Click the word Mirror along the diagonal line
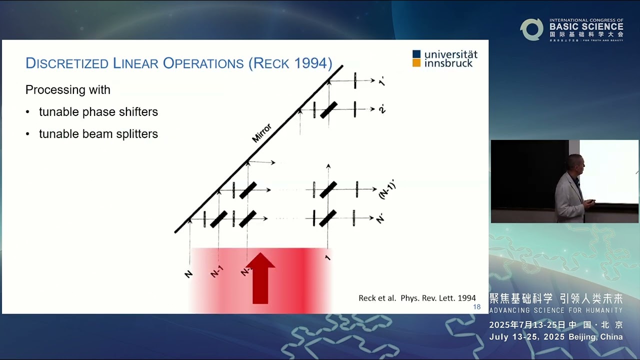click(x=261, y=133)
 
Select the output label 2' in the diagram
click(x=382, y=109)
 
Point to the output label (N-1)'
click(x=386, y=189)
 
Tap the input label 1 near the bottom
click(x=328, y=257)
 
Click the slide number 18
click(x=476, y=307)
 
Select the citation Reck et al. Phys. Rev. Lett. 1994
click(x=417, y=298)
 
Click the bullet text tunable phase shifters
click(x=98, y=112)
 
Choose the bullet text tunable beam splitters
click(x=98, y=134)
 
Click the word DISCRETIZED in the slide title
click(x=67, y=63)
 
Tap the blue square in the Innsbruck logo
click(x=416, y=54)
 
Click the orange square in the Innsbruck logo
click(x=416, y=63)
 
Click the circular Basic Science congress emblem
click(x=531, y=29)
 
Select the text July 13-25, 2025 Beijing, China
click(x=556, y=337)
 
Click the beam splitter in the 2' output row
click(x=328, y=110)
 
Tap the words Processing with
click(x=68, y=90)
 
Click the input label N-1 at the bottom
click(x=216, y=271)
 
